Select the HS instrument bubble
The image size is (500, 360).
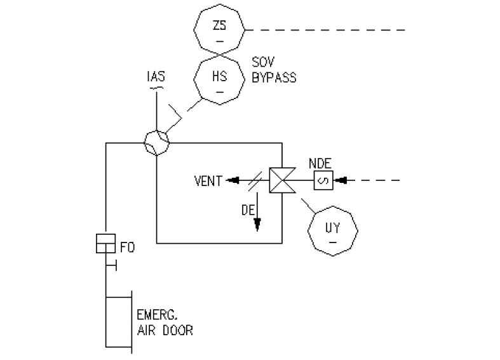[x=219, y=80]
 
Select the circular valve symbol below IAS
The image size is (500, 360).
[x=156, y=142]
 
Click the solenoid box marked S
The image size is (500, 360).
[x=322, y=181]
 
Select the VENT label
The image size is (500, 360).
[x=208, y=182]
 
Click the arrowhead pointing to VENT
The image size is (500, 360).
[x=233, y=181]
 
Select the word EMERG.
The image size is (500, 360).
[x=155, y=315]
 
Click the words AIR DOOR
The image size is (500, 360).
[x=165, y=330]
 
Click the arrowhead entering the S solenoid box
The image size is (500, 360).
[x=341, y=181]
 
